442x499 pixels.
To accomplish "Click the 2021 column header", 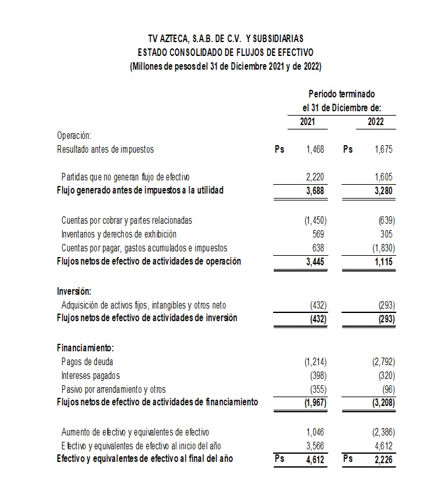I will click(x=308, y=122).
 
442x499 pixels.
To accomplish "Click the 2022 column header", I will click(x=376, y=122).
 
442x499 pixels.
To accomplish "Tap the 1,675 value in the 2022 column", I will click(x=384, y=150).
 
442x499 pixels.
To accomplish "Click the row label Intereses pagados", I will click(x=90, y=375).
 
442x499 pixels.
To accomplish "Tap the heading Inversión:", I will click(x=74, y=291).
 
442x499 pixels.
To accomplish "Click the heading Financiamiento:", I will click(x=85, y=348).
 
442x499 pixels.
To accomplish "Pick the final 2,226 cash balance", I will click(x=384, y=459).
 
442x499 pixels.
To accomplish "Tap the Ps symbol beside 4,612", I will click(x=279, y=459).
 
